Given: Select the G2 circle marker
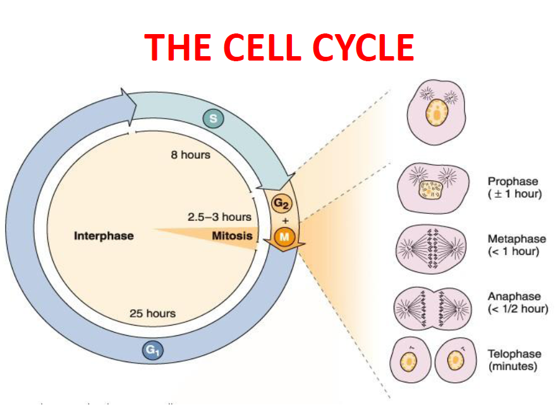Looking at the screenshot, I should click(281, 204).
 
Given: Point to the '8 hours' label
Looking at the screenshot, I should click(190, 155).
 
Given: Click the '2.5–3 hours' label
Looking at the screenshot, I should click(219, 217).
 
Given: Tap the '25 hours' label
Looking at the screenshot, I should click(152, 313).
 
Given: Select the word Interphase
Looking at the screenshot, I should click(104, 236).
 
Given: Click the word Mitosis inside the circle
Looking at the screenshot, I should click(231, 236).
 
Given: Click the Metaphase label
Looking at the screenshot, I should click(516, 239).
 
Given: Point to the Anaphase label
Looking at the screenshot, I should click(514, 296).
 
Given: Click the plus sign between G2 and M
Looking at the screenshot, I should click(284, 221).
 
